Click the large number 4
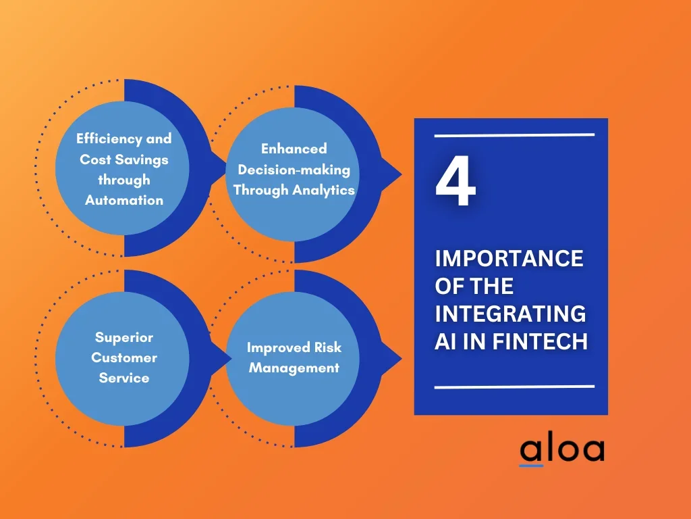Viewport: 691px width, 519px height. pos(455,182)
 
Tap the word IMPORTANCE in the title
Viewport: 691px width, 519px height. pos(509,259)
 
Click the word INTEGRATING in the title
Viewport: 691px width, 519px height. pos(510,314)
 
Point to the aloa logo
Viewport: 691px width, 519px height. pos(562,449)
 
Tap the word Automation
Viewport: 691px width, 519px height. pos(124,200)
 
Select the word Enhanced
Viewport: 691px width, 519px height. pos(294,149)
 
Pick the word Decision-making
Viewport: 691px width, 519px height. pos(294,170)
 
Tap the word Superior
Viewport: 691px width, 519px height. pos(124,337)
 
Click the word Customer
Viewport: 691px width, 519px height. pos(124,357)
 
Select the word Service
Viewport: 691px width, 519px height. pos(124,378)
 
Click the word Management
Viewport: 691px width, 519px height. pos(294,368)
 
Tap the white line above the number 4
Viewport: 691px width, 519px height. pos(514,135)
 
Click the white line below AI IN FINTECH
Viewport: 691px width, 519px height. pos(514,387)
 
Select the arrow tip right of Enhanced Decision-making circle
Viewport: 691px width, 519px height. pos(401,175)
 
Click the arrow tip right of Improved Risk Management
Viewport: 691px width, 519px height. pos(401,359)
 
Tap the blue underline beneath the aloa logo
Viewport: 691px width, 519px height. pos(531,465)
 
